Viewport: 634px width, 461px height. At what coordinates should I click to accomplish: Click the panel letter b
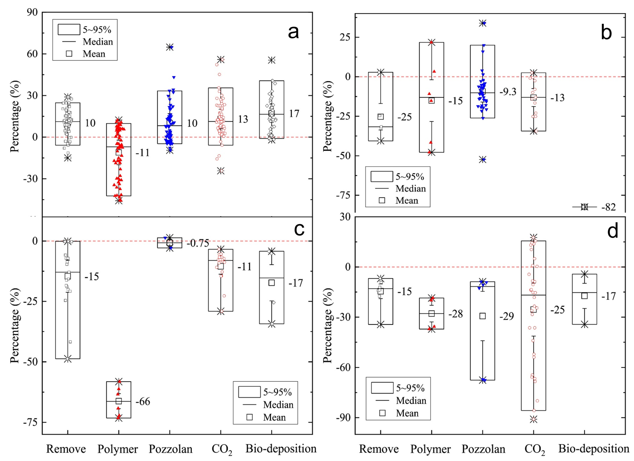pyautogui.click(x=606, y=33)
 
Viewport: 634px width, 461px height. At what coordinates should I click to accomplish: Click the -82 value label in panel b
pyautogui.click(x=609, y=207)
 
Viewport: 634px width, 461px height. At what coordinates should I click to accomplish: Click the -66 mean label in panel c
pyautogui.click(x=143, y=401)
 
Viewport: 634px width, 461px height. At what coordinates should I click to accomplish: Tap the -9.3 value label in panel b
pyautogui.click(x=508, y=92)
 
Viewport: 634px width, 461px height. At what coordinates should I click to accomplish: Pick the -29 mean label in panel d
pyautogui.click(x=507, y=316)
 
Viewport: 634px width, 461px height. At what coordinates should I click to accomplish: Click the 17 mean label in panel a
pyautogui.click(x=294, y=114)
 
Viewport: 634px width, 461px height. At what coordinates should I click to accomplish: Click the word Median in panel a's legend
pyautogui.click(x=98, y=42)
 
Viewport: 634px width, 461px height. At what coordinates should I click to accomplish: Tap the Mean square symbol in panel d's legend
pyautogui.click(x=382, y=413)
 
